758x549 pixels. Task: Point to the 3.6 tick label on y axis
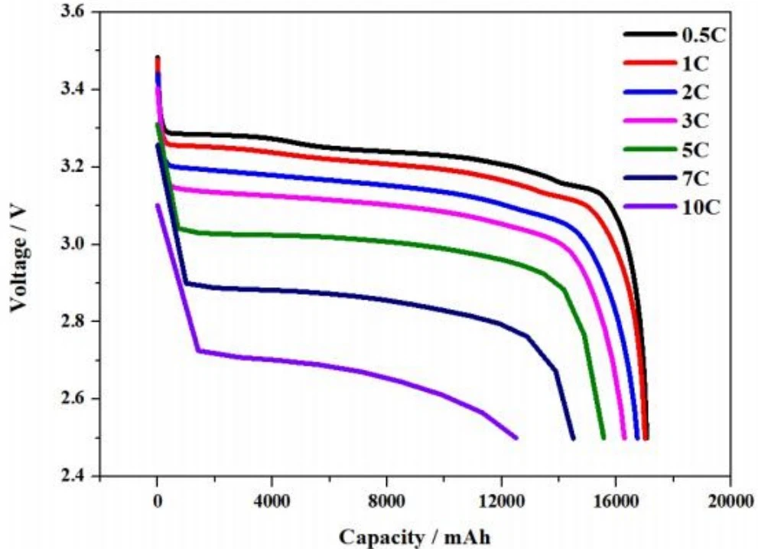pos(75,13)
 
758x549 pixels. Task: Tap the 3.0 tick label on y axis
pos(75,244)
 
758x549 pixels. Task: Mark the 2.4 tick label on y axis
pos(75,476)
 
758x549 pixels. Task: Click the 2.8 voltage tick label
pos(75,322)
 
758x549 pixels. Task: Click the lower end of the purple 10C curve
pos(516,438)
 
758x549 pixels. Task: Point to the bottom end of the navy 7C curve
pos(573,438)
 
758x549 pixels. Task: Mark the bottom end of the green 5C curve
pos(603,438)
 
